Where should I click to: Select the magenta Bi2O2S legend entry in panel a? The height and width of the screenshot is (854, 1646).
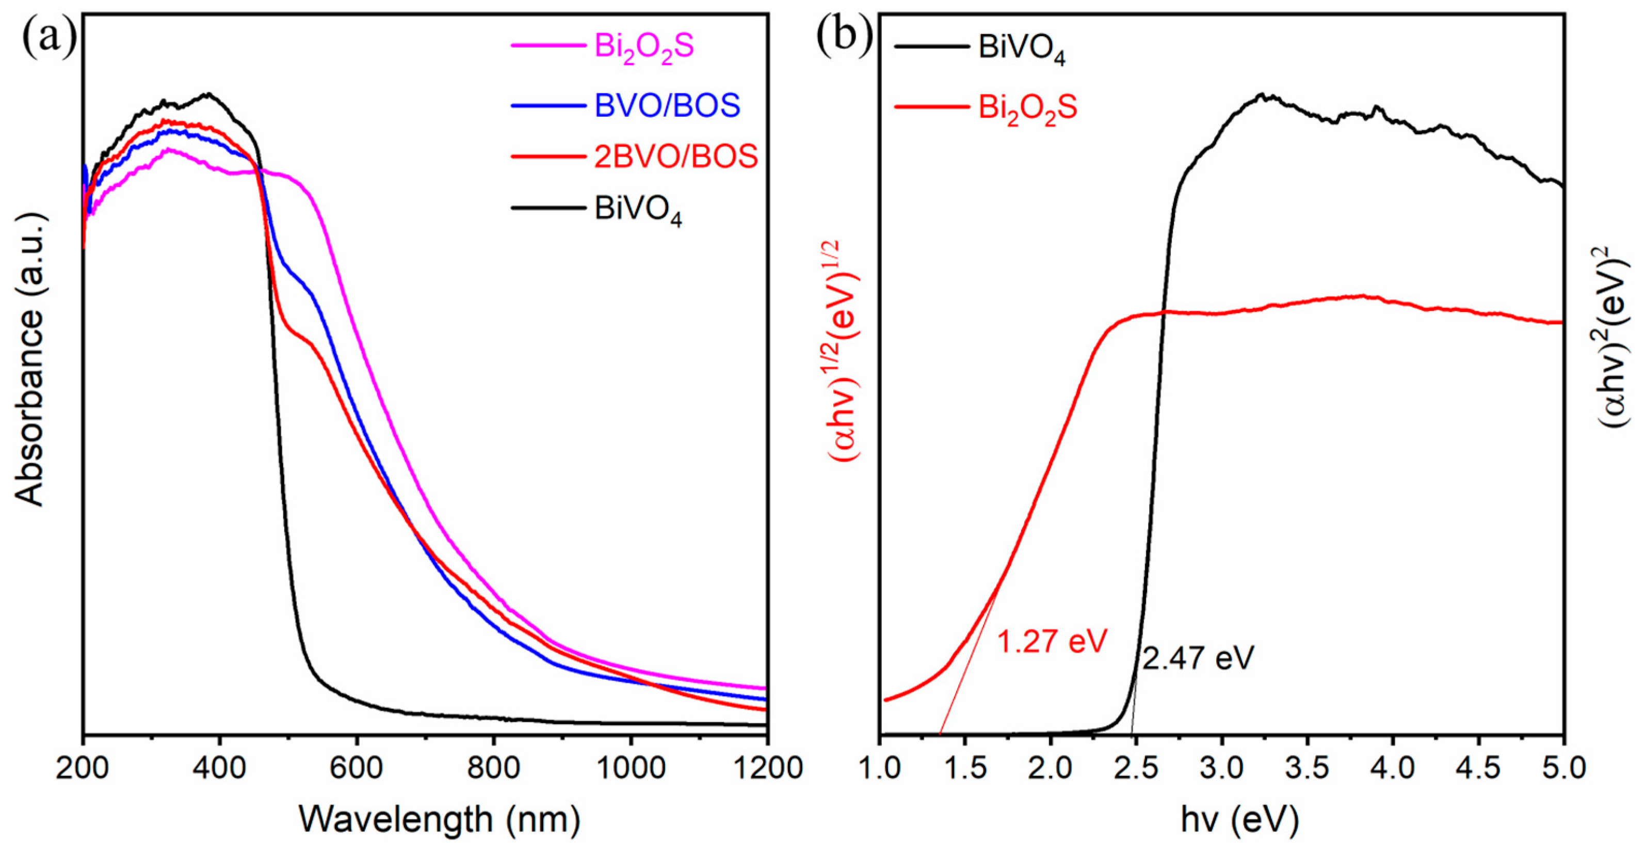tap(643, 46)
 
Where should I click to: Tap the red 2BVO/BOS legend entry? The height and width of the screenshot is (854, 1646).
tap(675, 156)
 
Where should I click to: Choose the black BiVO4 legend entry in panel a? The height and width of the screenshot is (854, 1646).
tap(637, 209)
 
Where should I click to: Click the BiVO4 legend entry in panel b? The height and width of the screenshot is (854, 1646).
tap(1021, 49)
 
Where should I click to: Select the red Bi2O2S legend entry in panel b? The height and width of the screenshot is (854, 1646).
tap(1027, 107)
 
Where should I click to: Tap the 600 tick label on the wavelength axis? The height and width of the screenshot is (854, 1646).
tap(357, 768)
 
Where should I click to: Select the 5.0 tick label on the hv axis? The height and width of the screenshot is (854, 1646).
tap(1560, 768)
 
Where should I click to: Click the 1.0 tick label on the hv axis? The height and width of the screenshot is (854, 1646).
tap(880, 768)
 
